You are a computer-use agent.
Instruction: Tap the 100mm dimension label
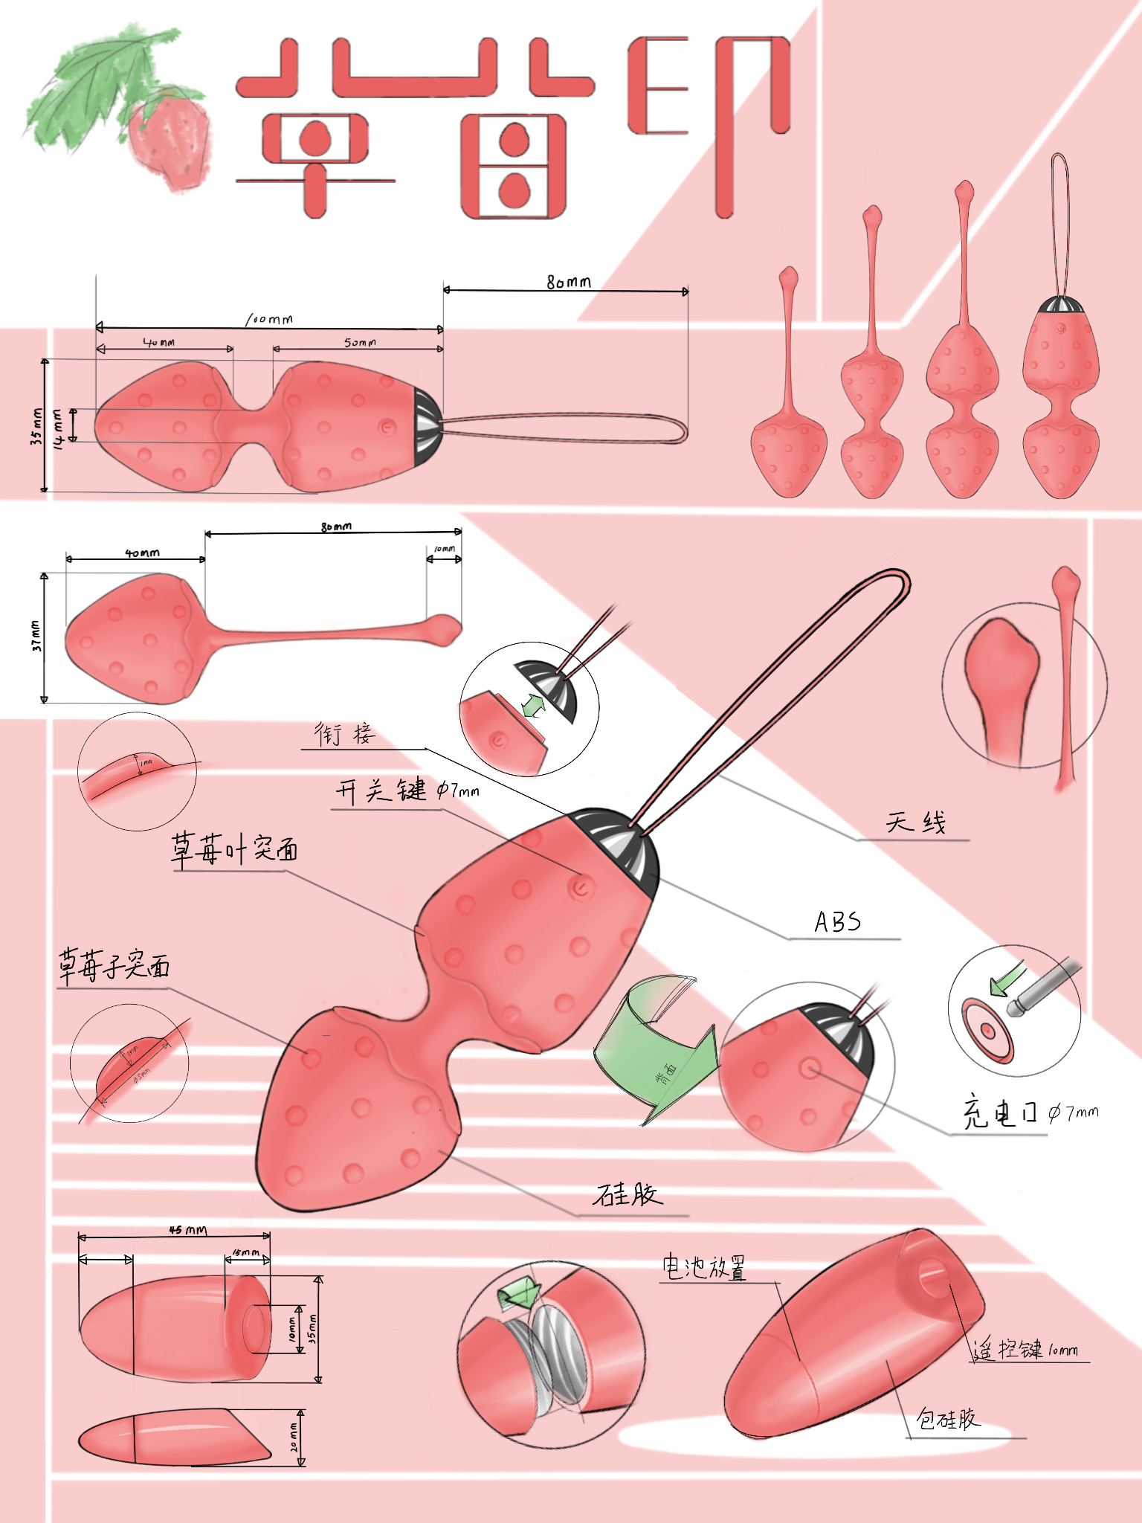[x=269, y=319]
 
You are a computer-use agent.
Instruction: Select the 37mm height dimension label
[x=36, y=637]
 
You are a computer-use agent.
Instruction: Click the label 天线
[x=915, y=823]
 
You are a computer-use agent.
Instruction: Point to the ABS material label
[x=838, y=922]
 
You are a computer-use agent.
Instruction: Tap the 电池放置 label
[x=703, y=1267]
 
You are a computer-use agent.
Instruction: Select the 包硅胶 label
[x=948, y=1419]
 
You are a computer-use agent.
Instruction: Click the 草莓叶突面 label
[x=234, y=849]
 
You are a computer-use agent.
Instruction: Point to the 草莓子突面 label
[x=114, y=966]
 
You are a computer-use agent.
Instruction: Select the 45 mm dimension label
[x=187, y=1230]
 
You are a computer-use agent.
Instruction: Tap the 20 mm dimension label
[x=294, y=1437]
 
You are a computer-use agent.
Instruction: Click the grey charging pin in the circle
[x=1045, y=985]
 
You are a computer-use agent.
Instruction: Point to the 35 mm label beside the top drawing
[x=36, y=427]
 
